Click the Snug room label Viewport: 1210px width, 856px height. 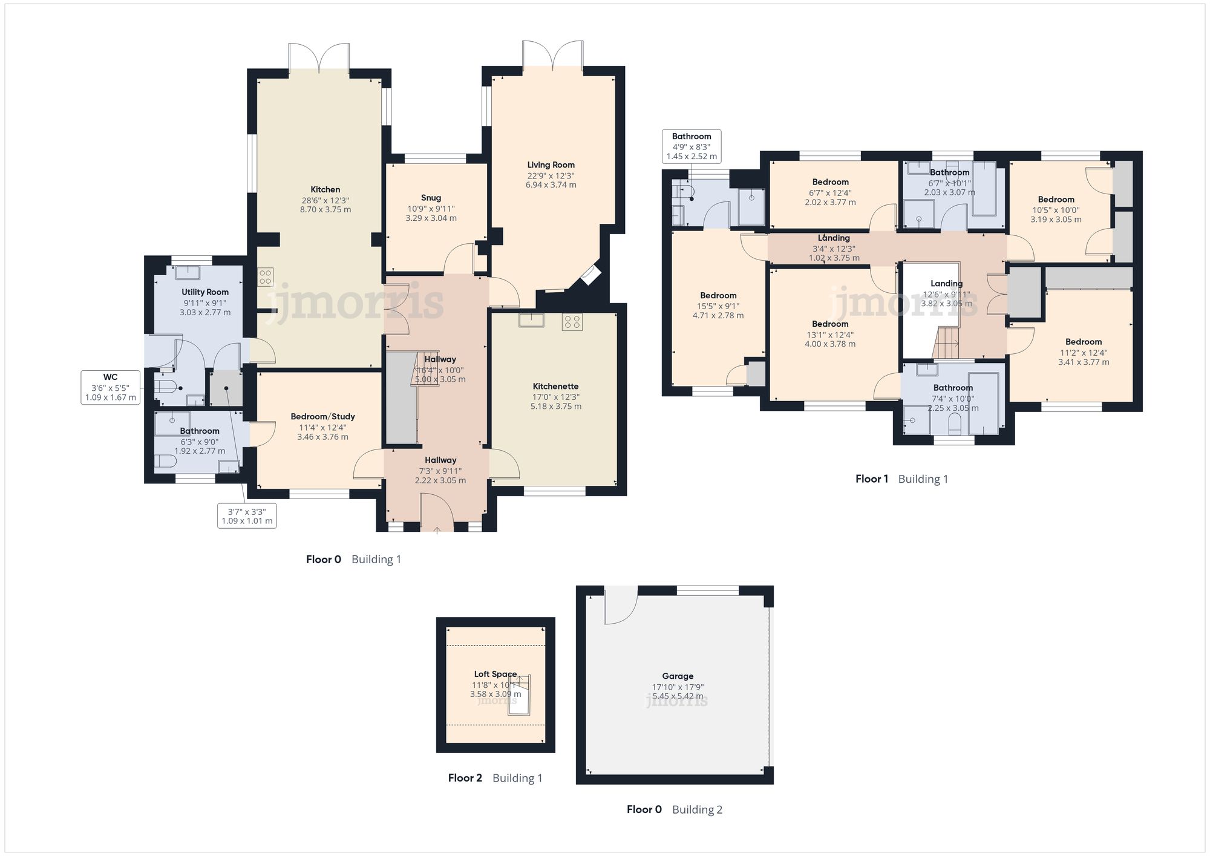tap(431, 198)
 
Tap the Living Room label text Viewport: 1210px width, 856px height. tap(551, 165)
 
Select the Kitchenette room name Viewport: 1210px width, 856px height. tap(555, 387)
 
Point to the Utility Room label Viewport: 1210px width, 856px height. tap(205, 292)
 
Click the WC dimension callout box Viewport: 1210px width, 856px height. tap(110, 387)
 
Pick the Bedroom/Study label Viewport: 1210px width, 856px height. tap(322, 417)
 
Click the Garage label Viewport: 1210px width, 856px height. tap(678, 676)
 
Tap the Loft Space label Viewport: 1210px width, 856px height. tap(495, 674)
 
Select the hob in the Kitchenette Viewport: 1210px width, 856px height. tap(572, 322)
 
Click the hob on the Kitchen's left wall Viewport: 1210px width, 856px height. tap(266, 277)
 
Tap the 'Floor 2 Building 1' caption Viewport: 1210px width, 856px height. tap(495, 778)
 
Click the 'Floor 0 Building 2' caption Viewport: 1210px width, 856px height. tap(675, 809)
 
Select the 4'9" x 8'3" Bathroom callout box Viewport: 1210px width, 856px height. tap(692, 146)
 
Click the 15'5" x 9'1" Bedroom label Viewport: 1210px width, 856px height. tap(718, 296)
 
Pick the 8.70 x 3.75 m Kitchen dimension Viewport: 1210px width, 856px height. tap(325, 210)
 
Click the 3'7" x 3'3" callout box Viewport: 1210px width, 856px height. tap(247, 516)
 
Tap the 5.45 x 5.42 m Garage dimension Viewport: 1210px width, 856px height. tap(678, 696)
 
